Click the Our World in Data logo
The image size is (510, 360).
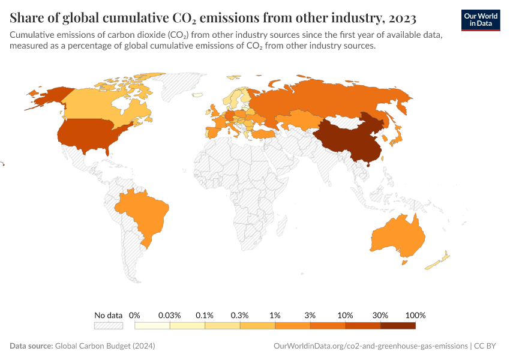pyautogui.click(x=481, y=20)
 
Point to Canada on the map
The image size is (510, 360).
pyautogui.click(x=90, y=105)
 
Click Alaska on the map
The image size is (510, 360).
pyautogui.click(x=48, y=96)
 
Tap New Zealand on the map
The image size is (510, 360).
pyautogui.click(x=438, y=261)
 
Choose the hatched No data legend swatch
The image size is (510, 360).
pyautogui.click(x=109, y=326)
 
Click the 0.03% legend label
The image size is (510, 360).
pyautogui.click(x=170, y=315)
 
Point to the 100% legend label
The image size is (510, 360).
pyautogui.click(x=415, y=315)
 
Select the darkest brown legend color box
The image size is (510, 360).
pyautogui.click(x=398, y=326)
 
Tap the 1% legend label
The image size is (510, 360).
pyautogui.click(x=275, y=315)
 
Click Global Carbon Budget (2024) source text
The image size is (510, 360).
pyautogui.click(x=109, y=346)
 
